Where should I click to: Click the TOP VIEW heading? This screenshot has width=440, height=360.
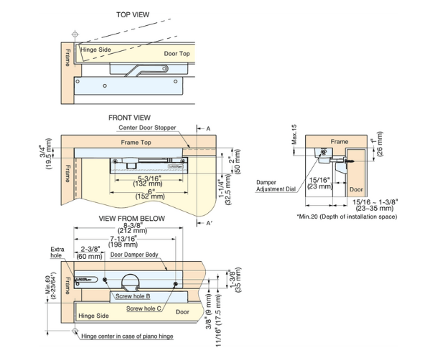pos(133,14)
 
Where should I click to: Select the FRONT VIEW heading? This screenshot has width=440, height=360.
pos(129,117)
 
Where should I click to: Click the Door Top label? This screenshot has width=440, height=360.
pos(177,54)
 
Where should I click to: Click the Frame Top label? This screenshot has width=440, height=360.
pos(139,143)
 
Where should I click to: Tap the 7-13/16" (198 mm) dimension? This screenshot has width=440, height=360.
pos(130,242)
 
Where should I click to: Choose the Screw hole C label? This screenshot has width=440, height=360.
pos(143,308)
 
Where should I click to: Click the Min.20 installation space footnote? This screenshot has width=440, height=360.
pos(343,215)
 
